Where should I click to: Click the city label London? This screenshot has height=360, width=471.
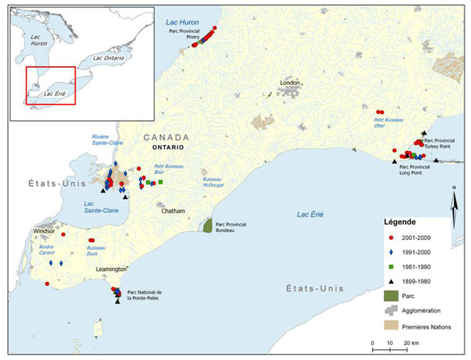click(291, 83)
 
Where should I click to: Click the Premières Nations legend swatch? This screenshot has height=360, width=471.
click(390, 326)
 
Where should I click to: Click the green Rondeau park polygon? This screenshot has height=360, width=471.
click(207, 225)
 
